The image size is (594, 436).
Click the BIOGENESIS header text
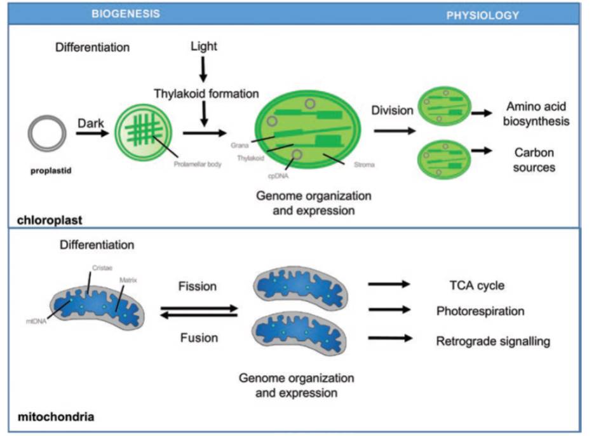coord(126,14)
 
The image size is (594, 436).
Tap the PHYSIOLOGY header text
coord(483,15)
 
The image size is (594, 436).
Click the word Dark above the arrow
coord(91,123)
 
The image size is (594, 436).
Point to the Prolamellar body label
coord(198,164)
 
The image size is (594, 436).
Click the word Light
coord(204,46)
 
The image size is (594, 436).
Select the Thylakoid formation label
coord(206,93)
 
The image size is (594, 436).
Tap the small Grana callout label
coord(240,145)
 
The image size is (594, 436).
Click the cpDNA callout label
coord(278,176)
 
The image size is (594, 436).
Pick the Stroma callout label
coord(364,165)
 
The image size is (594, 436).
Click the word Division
coord(392,111)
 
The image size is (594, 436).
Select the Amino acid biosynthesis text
coord(536,114)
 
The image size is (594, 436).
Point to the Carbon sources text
coord(534,160)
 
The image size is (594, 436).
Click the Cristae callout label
coord(102,268)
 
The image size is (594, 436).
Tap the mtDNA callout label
coord(36,322)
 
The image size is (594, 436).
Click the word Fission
coord(198,286)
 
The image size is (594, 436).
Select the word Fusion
coord(199,338)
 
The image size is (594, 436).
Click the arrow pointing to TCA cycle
coord(389,283)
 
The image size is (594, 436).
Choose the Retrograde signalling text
coord(493,341)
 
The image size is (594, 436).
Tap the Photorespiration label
coord(480,311)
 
